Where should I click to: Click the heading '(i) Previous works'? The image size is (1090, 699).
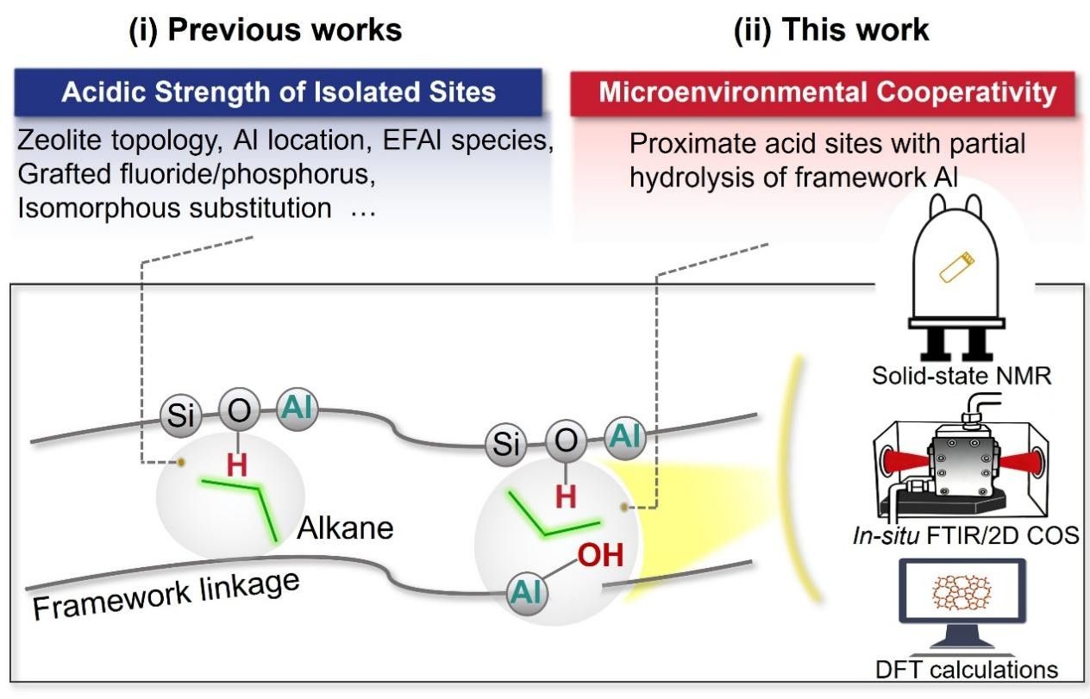[266, 30]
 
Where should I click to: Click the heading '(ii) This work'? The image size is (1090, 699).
[831, 30]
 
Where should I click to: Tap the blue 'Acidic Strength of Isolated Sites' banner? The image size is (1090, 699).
[279, 92]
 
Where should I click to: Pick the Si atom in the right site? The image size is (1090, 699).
[507, 443]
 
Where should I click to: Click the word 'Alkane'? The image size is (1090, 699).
[345, 527]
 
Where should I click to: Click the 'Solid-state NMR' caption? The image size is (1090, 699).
[959, 377]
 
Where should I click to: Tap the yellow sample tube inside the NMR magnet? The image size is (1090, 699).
[955, 268]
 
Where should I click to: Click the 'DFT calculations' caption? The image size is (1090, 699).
[960, 670]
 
